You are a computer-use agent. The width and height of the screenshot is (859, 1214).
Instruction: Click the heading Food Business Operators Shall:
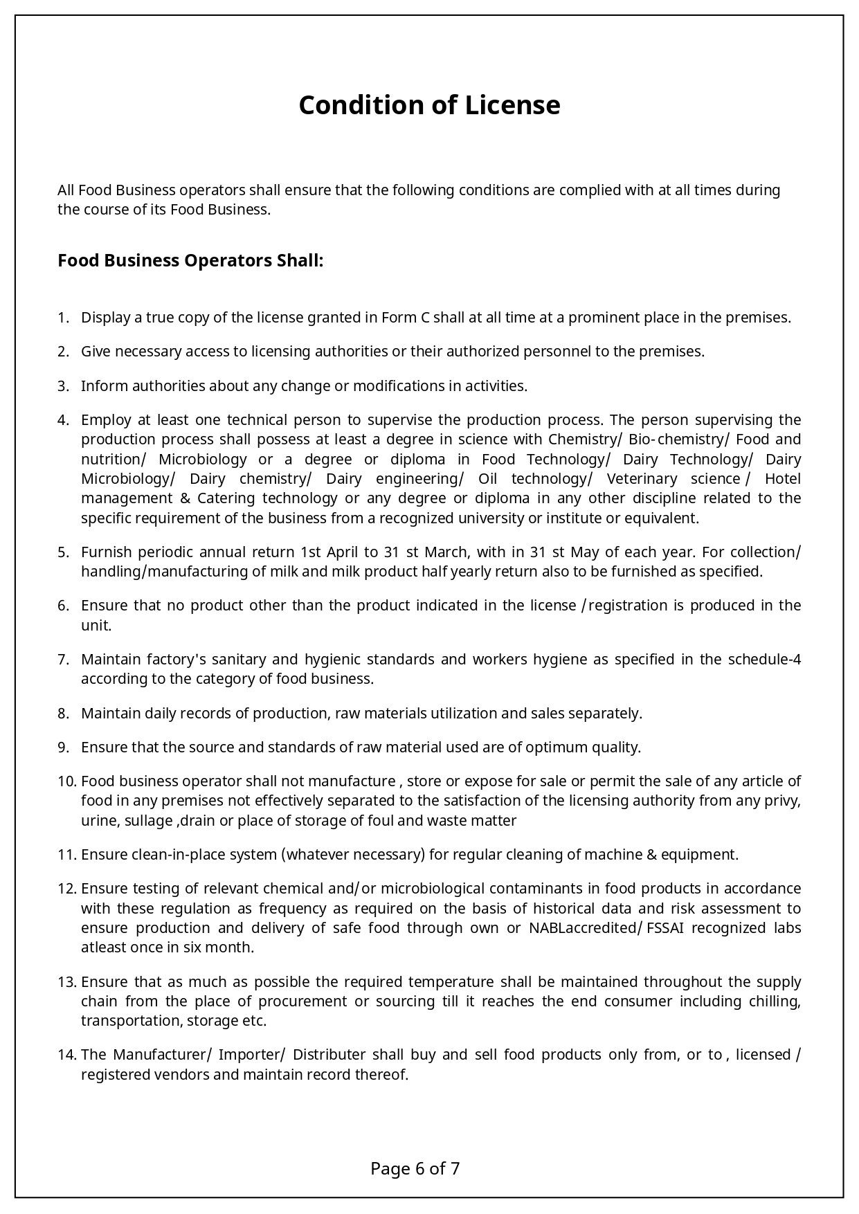pyautogui.click(x=190, y=261)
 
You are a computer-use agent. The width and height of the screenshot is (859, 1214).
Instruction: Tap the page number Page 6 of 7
pyautogui.click(x=415, y=1168)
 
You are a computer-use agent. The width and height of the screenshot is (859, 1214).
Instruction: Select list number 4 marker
pyautogui.click(x=63, y=420)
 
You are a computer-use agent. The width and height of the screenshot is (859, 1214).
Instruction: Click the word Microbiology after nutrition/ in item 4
pyautogui.click(x=202, y=460)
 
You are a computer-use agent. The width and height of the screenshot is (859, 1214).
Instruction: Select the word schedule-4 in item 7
pyautogui.click(x=764, y=659)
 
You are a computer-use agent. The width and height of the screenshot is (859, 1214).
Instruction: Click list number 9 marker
pyautogui.click(x=63, y=748)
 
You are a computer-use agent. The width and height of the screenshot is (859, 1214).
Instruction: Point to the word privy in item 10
pyautogui.click(x=781, y=801)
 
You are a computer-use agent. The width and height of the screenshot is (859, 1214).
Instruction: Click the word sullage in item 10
pyautogui.click(x=148, y=821)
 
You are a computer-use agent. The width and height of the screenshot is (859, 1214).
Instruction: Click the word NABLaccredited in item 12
pyautogui.click(x=581, y=928)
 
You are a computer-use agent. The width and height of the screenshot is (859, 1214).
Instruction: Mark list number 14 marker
pyautogui.click(x=66, y=1055)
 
